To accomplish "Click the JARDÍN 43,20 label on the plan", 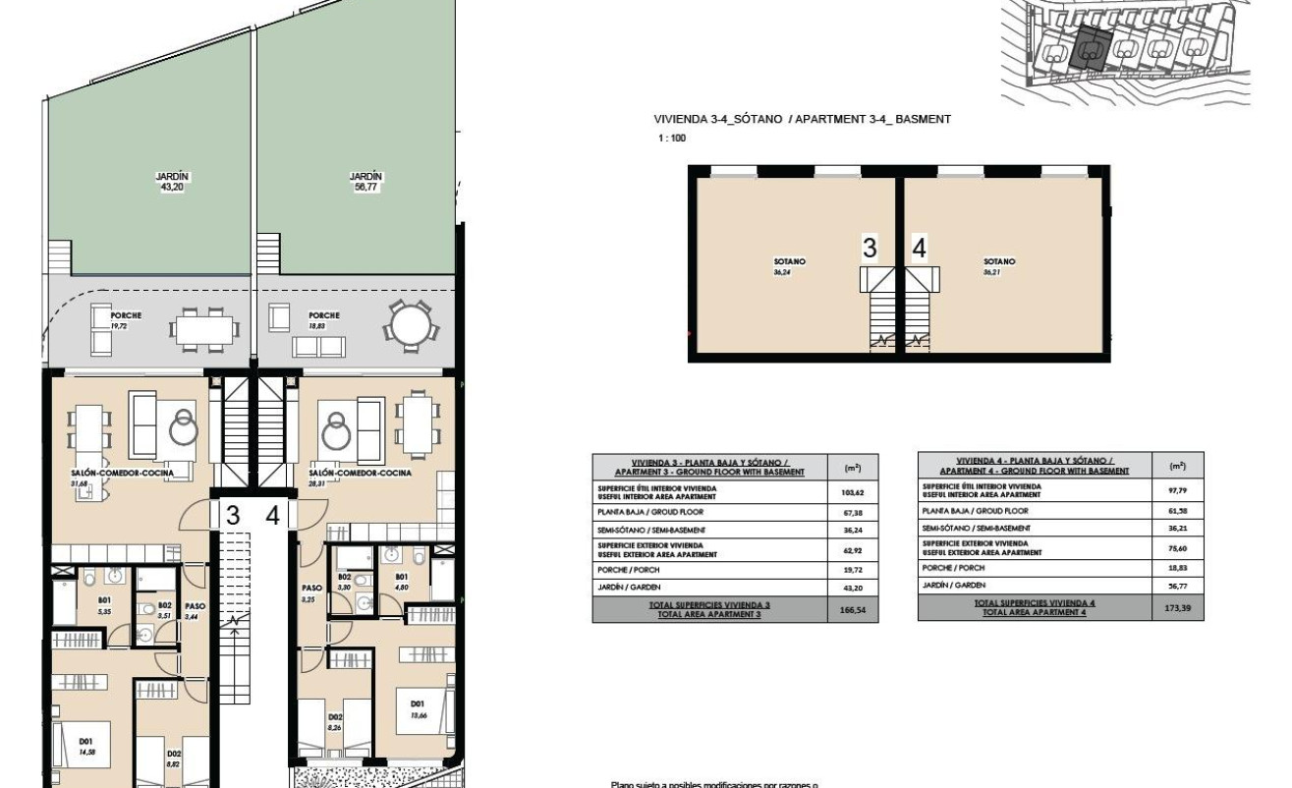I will coord(172,181).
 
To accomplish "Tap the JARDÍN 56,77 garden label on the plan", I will coord(365,181).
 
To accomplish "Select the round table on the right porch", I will coord(410,321).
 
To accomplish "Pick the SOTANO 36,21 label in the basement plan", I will coord(999,266).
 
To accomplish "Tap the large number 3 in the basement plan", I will coord(869,250).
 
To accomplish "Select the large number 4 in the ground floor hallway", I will coord(272,516).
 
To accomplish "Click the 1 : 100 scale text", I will coord(672,139).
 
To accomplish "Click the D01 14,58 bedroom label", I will coord(87,731).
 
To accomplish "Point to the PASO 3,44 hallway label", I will coord(195,611).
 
